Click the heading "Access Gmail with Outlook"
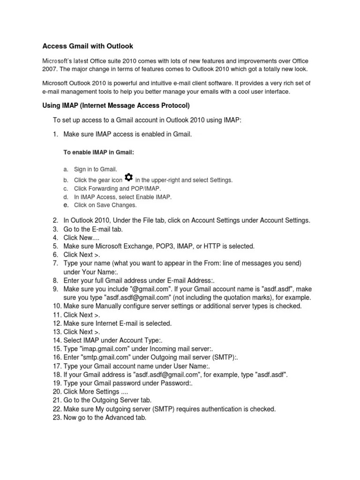tap(88, 46)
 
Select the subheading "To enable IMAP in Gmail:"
tap(98, 152)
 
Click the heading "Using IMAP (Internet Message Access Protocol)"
tap(116, 105)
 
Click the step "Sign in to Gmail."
tap(96, 169)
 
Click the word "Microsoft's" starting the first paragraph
tap(59, 61)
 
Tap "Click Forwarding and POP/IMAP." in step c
tap(114, 188)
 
